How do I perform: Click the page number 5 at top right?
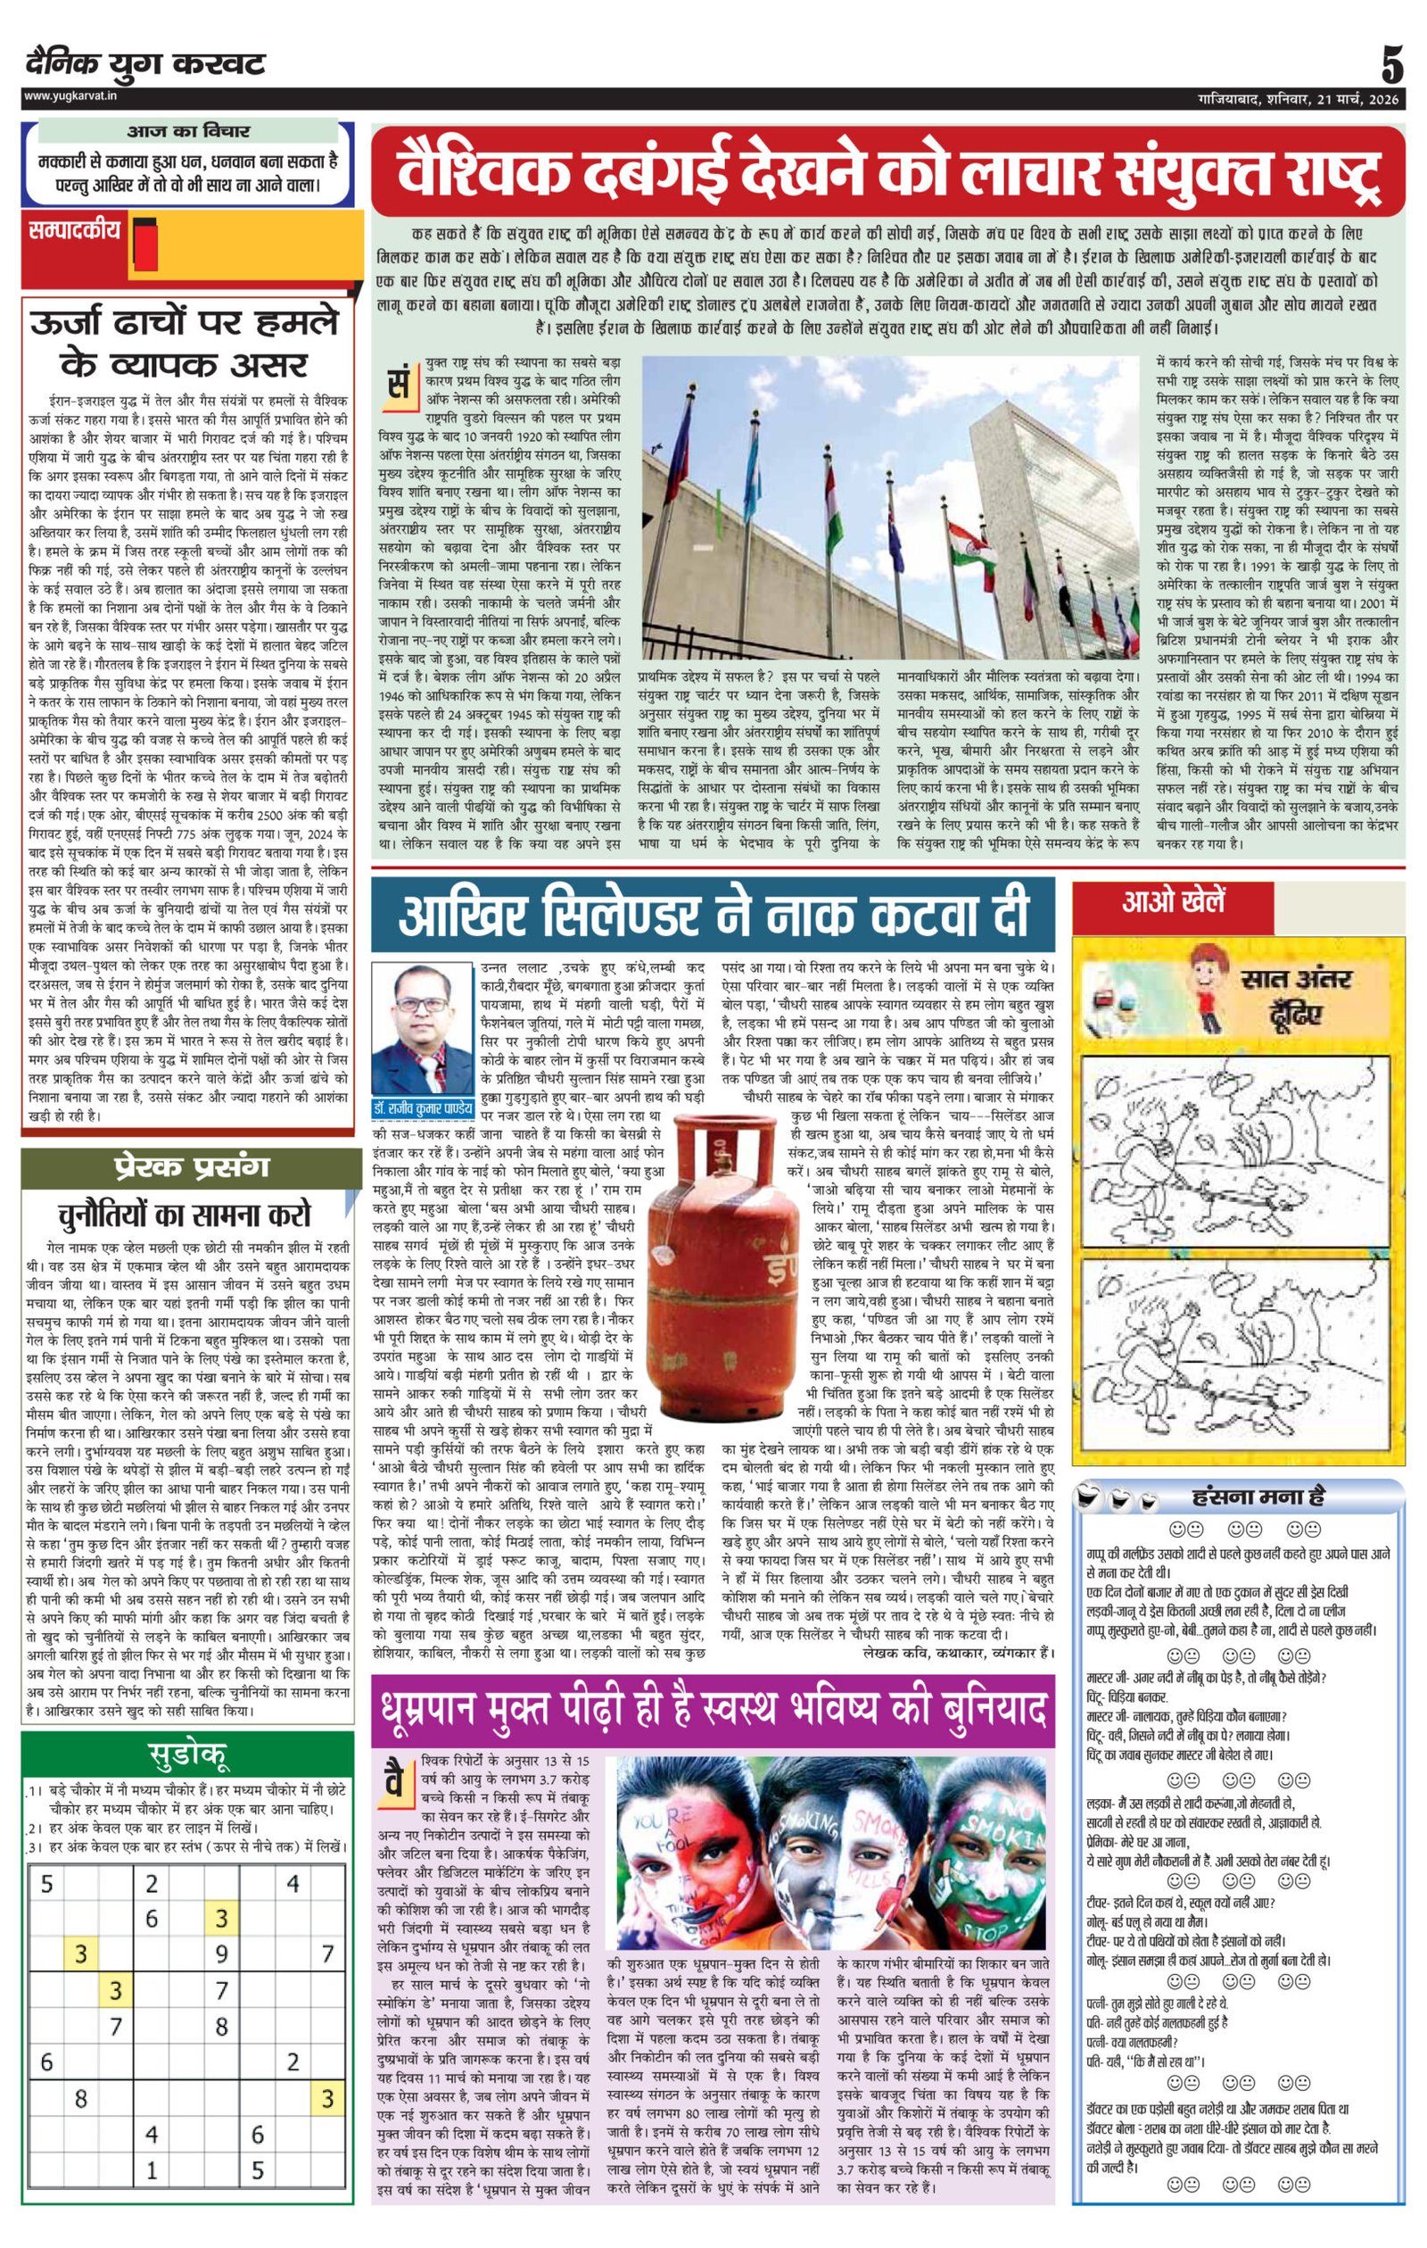[1391, 67]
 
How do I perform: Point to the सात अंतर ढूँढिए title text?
[1298, 994]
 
